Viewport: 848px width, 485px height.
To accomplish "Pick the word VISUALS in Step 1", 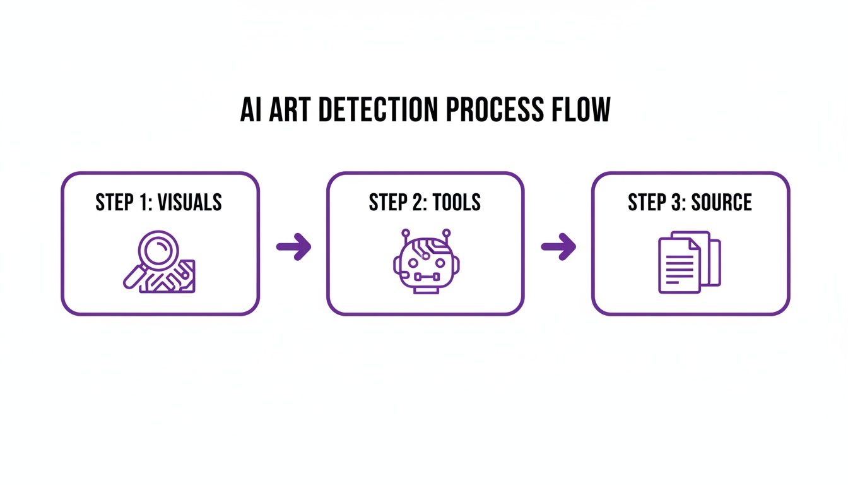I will (190, 202).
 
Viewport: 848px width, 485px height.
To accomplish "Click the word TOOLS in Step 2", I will (453, 202).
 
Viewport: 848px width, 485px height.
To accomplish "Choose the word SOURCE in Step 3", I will (722, 202).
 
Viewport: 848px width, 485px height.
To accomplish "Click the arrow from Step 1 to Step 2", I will (294, 246).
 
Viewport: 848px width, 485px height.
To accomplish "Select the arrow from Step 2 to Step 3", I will (559, 246).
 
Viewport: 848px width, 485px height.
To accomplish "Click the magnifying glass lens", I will (156, 252).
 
